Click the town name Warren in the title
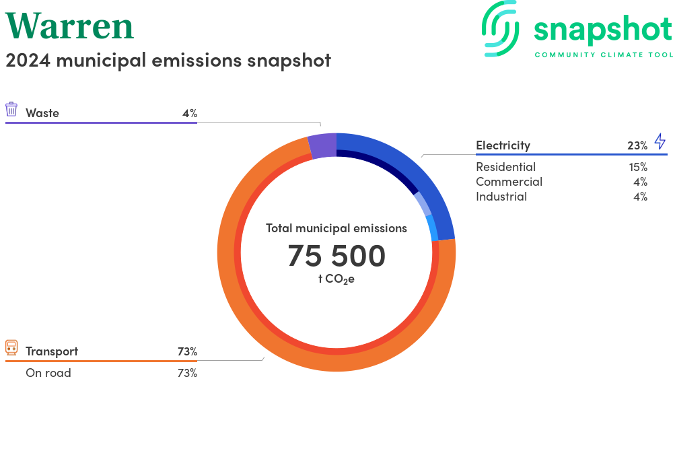[69, 26]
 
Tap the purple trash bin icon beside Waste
[11, 110]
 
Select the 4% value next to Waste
[190, 113]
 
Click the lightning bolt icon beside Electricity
[660, 141]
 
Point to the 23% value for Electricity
[637, 146]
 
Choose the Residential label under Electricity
[505, 167]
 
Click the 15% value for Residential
[638, 167]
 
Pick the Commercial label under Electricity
[509, 182]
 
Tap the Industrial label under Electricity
[501, 197]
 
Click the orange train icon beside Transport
[11, 347]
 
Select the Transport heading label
[52, 351]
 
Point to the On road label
[48, 373]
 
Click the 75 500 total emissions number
[336, 256]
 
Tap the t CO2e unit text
[336, 279]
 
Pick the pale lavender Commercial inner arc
[423, 203]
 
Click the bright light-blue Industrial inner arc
[433, 228]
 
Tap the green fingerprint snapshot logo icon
[500, 29]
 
